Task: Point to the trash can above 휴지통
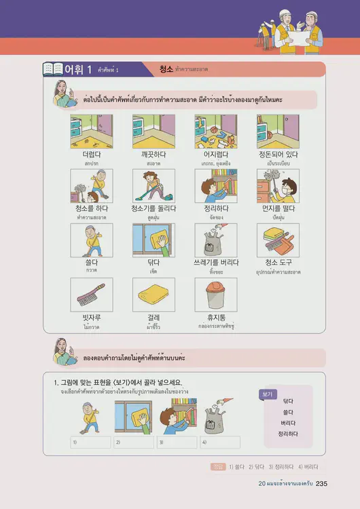tap(215, 293)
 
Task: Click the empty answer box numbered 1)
tap(91, 442)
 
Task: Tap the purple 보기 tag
tap(268, 393)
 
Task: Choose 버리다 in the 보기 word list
tap(289, 422)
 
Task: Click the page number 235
tap(322, 484)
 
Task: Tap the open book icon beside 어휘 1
tap(53, 69)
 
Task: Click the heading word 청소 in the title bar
tap(166, 69)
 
